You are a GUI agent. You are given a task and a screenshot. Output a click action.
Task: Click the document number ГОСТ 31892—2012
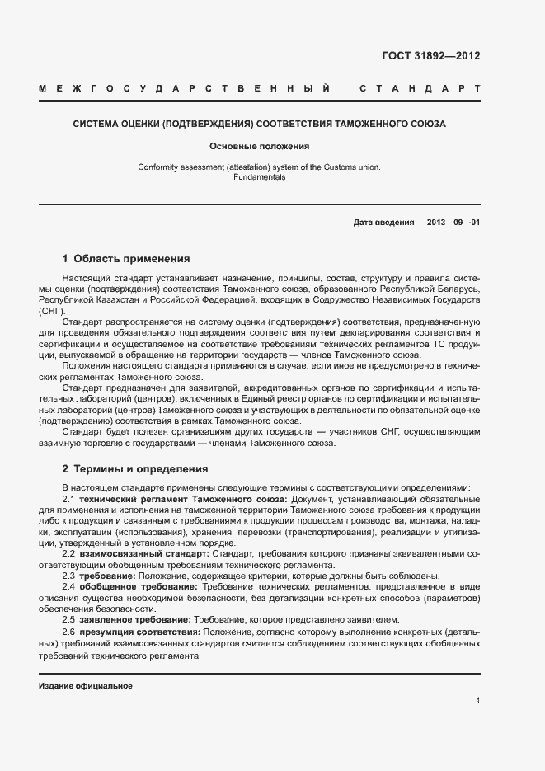(430, 57)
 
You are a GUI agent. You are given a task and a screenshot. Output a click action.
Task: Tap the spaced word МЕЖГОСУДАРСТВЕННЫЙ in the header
(186, 87)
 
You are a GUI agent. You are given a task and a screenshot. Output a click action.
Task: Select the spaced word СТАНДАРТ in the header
(420, 87)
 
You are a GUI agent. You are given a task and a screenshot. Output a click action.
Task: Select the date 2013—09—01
(453, 223)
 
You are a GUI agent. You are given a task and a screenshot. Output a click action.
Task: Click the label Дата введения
(383, 223)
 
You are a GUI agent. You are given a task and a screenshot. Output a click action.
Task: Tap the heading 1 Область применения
(126, 258)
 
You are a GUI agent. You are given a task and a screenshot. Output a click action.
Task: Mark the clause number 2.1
(69, 500)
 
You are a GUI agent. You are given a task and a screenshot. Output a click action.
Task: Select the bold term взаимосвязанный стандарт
(143, 554)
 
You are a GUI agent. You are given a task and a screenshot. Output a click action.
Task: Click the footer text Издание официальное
(86, 686)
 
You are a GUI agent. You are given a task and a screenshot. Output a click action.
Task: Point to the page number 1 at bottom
(477, 700)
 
